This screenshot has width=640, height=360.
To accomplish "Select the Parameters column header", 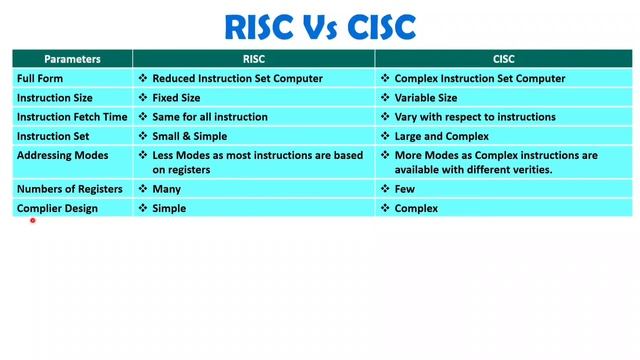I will point(71,59).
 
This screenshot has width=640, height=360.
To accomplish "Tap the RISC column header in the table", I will point(253,59).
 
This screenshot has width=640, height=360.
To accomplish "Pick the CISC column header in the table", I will point(505,59).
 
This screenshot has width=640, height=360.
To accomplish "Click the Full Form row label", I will point(42,78).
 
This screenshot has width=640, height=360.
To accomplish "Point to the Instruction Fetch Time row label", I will point(72,117).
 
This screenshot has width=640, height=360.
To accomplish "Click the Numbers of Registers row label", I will point(67,189).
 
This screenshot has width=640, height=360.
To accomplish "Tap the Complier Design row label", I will point(57,208).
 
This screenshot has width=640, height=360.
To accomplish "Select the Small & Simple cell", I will point(189,136).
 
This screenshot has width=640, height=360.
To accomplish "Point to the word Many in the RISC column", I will point(166,189).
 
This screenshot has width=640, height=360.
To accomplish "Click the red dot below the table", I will point(33,221).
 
